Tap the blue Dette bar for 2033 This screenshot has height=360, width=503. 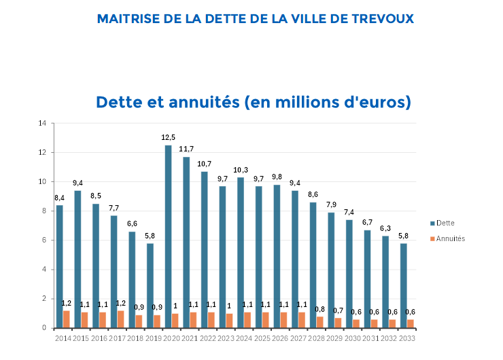click(403, 285)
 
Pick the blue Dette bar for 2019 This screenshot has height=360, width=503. click(150, 285)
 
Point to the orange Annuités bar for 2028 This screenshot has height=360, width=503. click(319, 322)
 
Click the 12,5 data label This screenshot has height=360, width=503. click(169, 137)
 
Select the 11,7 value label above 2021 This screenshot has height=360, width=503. click(186, 149)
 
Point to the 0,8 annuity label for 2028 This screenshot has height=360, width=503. click(319, 309)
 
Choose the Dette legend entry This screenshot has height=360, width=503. click(445, 223)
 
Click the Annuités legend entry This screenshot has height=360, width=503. click(451, 238)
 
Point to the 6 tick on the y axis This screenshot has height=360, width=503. click(44, 240)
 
